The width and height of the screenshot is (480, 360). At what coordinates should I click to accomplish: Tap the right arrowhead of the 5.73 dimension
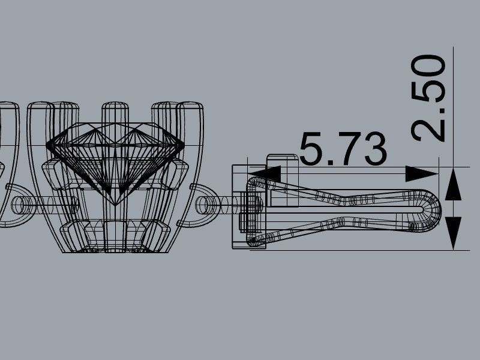coord(421,173)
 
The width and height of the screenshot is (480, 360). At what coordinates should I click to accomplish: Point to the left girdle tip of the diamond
coord(48,145)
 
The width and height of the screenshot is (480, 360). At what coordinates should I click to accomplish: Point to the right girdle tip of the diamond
coord(184,145)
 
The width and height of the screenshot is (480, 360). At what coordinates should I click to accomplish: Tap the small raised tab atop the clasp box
coord(282,160)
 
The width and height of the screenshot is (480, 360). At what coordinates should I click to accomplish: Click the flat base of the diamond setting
coord(115,250)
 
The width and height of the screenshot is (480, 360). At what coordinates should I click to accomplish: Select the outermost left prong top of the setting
coord(40,106)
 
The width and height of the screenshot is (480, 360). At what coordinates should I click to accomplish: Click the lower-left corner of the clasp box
coord(234,246)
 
